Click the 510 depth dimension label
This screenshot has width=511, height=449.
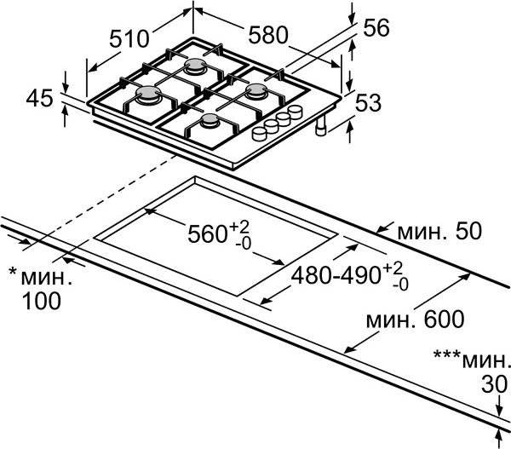coord(130,38)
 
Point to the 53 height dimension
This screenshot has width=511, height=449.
coord(367,103)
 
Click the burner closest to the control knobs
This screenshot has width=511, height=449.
coord(210,124)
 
